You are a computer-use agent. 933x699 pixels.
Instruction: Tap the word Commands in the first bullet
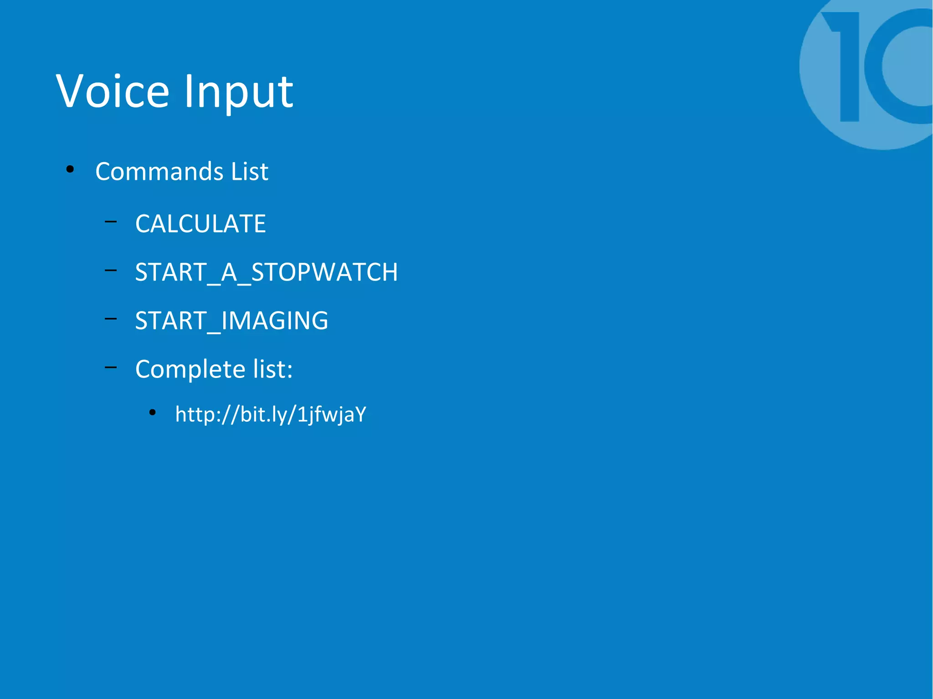pos(159,171)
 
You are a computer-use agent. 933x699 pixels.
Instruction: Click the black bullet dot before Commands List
pos(70,169)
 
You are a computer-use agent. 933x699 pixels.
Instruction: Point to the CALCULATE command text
pos(200,224)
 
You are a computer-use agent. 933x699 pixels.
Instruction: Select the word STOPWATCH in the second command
pos(324,272)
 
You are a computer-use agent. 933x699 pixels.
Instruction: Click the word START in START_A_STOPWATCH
pos(171,272)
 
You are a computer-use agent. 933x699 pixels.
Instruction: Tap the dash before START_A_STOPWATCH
pos(111,270)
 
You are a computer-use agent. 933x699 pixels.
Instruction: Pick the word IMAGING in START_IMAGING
pos(274,320)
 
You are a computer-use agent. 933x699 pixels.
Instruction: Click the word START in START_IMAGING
pos(171,320)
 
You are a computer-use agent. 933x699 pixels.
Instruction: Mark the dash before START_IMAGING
pos(111,319)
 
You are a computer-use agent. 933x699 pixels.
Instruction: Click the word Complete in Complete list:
pos(190,369)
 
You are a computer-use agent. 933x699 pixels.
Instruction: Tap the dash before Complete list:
pos(111,367)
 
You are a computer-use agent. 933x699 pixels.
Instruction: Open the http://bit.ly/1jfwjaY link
pos(271,414)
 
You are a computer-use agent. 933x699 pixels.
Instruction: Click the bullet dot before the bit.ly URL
pos(153,413)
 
